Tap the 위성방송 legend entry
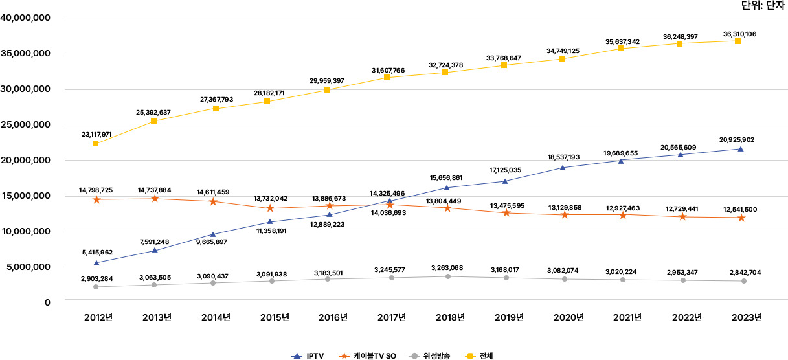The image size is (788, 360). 430,355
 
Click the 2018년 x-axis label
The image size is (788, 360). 450,317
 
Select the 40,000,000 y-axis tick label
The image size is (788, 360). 27,19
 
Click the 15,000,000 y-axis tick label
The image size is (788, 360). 27,196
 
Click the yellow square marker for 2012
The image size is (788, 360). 96,144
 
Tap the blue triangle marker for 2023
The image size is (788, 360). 741,149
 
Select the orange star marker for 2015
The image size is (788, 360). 270,208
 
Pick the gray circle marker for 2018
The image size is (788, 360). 447,276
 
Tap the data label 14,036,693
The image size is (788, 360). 391,212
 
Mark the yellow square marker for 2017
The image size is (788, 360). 387,78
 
